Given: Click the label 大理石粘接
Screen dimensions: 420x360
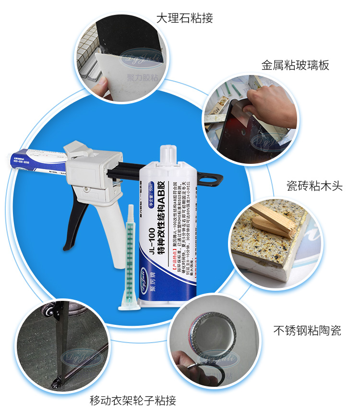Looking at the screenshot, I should [x=184, y=19].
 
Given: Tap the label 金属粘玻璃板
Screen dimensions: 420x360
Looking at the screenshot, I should [x=295, y=65].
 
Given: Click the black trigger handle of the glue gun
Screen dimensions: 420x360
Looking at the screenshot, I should [x=72, y=226].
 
